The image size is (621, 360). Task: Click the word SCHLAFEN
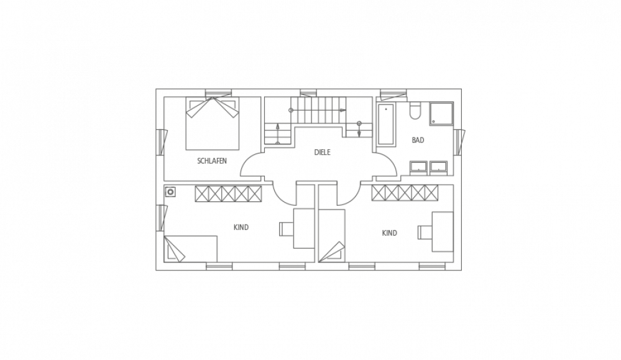tap(212, 161)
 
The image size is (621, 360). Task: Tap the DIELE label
tap(322, 152)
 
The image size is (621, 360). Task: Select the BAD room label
tap(418, 140)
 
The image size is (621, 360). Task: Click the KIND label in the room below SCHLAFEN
tap(241, 228)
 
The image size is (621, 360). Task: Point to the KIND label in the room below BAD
tap(389, 233)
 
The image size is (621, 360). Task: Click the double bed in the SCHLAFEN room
tap(213, 123)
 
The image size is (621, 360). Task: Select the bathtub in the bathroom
tap(386, 124)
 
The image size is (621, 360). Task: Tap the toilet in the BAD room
tap(415, 111)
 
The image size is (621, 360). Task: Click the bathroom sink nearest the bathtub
tap(418, 167)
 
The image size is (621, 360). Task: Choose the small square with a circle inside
tap(171, 192)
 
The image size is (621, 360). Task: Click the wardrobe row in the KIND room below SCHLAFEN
tap(228, 193)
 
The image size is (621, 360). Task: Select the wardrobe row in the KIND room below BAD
tap(405, 193)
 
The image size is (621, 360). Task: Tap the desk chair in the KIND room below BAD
tap(425, 233)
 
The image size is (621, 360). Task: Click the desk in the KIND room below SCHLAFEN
tap(304, 229)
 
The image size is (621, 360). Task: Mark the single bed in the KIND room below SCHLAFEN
tap(191, 249)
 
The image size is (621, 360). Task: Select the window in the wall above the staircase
tap(308, 93)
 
